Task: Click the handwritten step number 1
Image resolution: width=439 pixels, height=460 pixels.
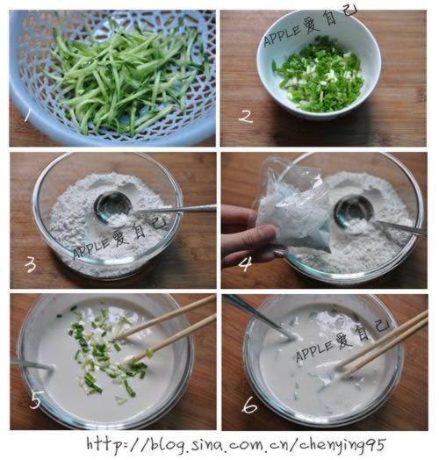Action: [27, 115]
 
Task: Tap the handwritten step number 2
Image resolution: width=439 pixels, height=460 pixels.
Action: [246, 116]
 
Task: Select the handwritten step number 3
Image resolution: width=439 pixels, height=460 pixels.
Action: [30, 265]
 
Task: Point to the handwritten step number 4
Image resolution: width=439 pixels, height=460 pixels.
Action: [245, 263]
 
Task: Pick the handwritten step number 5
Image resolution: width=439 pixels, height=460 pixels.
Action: [36, 399]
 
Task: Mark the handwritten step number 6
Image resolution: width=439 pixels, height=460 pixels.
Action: [249, 406]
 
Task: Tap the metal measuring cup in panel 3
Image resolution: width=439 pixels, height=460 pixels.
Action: [113, 209]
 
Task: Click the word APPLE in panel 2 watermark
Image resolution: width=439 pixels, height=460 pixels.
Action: [283, 36]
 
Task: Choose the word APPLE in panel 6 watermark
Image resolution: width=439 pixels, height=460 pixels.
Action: [315, 351]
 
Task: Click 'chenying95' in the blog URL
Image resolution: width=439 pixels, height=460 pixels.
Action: [342, 445]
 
